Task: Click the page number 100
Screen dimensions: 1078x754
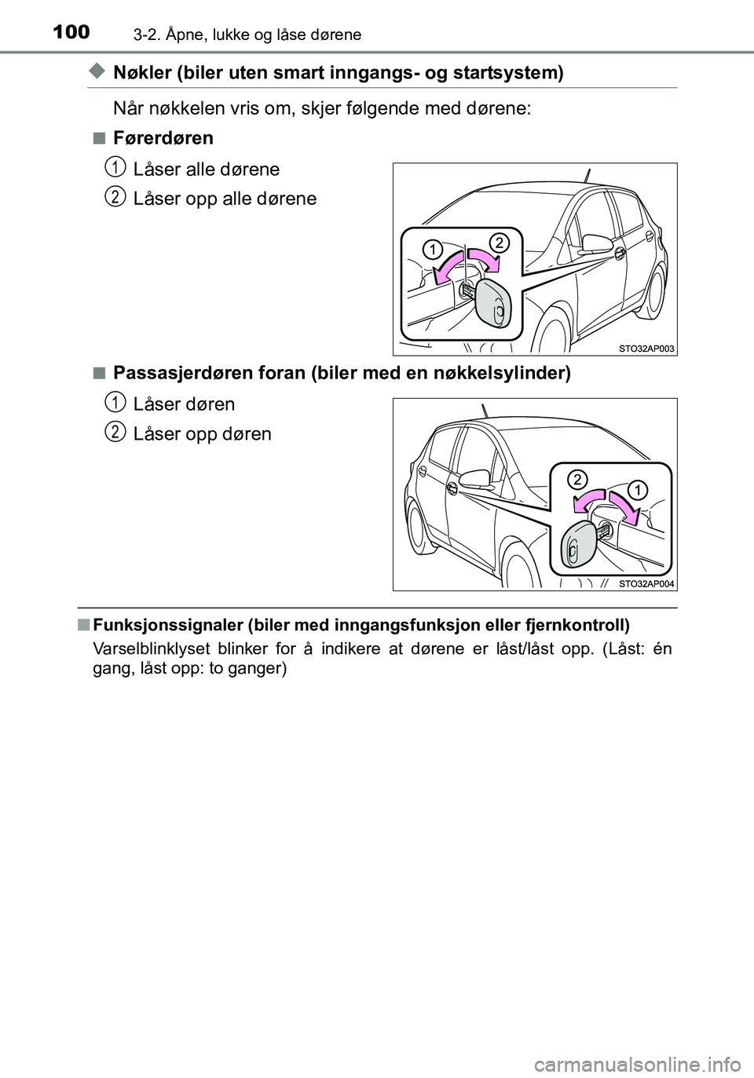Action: coord(72,32)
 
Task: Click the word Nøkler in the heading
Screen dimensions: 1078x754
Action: coord(141,73)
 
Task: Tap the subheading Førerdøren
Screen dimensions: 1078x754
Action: coord(163,138)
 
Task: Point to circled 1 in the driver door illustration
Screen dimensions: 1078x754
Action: coord(430,250)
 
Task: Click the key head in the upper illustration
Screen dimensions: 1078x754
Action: coord(495,305)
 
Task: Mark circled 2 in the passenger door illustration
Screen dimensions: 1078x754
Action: coord(577,478)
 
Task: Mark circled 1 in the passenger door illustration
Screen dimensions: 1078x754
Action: coord(637,491)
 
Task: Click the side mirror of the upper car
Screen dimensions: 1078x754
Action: coord(595,241)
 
